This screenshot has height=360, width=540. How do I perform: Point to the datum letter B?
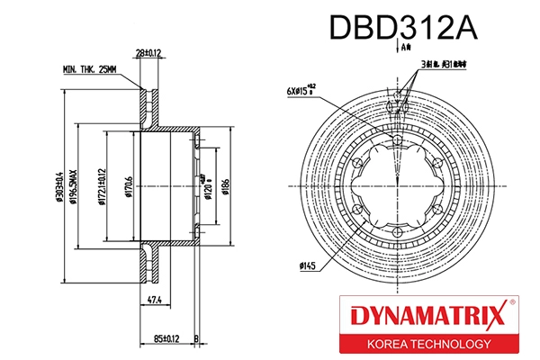coord(195,339)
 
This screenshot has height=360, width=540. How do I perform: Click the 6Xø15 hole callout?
coord(301,91)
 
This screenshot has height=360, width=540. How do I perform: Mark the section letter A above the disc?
coord(406,45)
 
